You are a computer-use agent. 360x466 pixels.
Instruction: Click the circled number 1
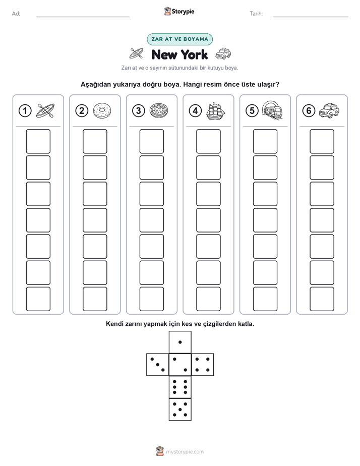tap(25, 111)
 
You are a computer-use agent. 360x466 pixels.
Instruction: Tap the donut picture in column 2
tap(102, 111)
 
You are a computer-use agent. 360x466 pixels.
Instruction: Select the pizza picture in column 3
tap(159, 111)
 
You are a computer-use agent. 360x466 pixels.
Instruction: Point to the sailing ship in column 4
tap(216, 111)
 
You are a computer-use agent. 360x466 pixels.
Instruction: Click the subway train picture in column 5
tap(272, 110)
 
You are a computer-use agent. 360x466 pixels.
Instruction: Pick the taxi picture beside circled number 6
tap(329, 110)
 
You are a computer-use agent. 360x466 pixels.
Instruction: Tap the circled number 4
tap(195, 111)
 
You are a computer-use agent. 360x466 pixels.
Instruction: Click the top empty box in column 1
tap(38, 141)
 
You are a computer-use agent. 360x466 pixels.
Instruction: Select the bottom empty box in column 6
tap(322, 299)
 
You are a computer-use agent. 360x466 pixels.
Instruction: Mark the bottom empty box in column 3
tap(151, 299)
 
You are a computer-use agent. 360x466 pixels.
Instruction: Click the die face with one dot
tap(180, 342)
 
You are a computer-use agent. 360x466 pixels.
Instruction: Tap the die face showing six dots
tap(180, 387)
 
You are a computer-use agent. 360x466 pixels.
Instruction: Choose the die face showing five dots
tap(180, 409)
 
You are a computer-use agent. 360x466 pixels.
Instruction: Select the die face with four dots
tap(203, 365)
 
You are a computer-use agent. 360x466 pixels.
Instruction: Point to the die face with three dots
tap(158, 365)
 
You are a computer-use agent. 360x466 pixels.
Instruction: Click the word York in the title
tap(194, 54)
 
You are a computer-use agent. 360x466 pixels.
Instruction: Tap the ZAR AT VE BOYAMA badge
tap(179, 39)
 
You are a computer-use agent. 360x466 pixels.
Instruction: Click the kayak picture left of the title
tap(137, 53)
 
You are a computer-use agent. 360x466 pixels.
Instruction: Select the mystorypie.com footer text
tap(185, 452)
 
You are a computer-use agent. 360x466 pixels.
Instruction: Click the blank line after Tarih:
tap(311, 17)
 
